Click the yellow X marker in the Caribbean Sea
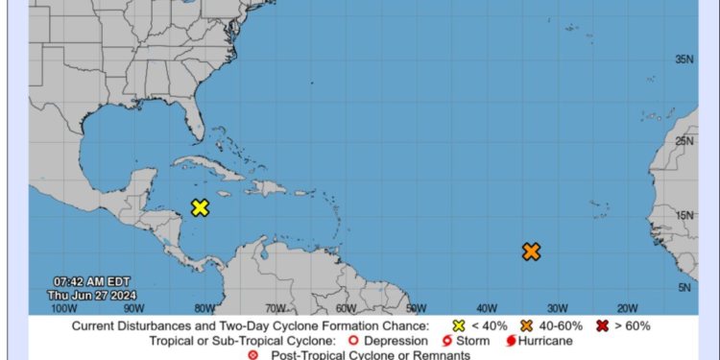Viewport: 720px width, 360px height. tap(200, 207)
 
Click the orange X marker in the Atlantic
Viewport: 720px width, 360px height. tap(531, 252)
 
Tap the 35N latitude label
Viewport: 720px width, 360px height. tap(684, 60)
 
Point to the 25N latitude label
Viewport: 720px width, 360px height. tap(684, 141)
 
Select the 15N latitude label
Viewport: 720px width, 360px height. tap(684, 215)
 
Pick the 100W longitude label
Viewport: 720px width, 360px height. tap(63, 308)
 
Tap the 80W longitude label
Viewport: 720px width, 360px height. tap(204, 308)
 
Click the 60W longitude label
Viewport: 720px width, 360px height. tap(345, 308)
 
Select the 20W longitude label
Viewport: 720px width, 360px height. tap(627, 308)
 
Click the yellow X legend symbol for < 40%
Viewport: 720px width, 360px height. tap(458, 325)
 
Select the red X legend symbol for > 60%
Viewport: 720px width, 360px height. tap(602, 325)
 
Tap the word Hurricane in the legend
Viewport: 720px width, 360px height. tap(545, 341)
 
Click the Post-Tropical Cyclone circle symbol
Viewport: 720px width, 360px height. tap(252, 355)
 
